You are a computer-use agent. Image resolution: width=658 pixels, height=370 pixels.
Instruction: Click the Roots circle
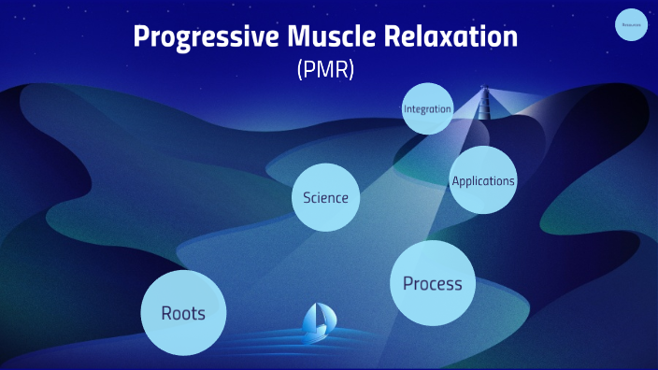coord(183,313)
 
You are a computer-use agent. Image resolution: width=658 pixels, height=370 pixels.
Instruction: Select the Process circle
coord(433,283)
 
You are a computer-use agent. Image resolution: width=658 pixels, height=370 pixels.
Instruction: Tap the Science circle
coord(325,197)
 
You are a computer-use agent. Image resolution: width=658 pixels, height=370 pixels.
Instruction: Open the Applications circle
coord(482,180)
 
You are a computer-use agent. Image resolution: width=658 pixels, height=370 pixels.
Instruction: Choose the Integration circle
coord(427,109)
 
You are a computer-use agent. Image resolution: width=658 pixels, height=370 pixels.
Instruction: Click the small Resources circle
coord(632,25)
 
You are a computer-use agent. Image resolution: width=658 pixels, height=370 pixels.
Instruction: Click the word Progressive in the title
coord(194,38)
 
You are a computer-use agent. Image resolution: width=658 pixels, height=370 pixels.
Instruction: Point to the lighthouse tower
coord(484,108)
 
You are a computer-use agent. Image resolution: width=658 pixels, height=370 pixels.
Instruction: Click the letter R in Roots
coord(166,313)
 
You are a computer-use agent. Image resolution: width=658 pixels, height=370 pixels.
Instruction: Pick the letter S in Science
coord(307,197)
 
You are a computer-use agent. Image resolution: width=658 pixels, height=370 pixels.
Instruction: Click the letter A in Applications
coord(455,180)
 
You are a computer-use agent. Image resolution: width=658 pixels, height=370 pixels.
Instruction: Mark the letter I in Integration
coord(405,109)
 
